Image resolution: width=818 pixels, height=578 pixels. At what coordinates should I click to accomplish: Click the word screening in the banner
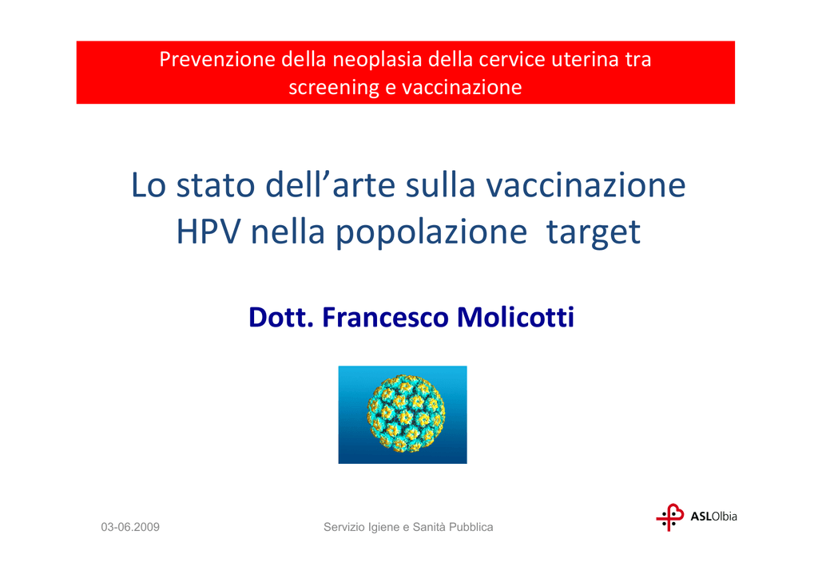(334, 88)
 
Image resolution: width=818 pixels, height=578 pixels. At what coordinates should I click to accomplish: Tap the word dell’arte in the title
(330, 184)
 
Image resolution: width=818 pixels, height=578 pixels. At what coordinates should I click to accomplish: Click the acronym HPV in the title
(208, 232)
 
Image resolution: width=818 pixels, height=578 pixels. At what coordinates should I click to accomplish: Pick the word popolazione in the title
(431, 232)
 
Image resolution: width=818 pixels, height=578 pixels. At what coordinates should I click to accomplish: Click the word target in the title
(594, 233)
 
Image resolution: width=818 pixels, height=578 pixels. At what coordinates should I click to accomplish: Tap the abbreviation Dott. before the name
(281, 317)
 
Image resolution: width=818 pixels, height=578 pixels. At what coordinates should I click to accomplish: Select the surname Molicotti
(515, 317)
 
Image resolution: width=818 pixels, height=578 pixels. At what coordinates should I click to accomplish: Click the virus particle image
(403, 415)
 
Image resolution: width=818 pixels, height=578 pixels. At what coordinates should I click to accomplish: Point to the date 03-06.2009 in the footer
(130, 527)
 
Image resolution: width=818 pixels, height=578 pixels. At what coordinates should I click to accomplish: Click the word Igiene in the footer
(383, 528)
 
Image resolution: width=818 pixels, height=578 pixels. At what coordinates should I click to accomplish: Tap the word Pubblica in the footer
(471, 527)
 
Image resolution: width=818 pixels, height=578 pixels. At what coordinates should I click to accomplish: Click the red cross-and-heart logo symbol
(670, 517)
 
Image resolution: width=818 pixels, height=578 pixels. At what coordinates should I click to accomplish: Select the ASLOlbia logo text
(713, 517)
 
